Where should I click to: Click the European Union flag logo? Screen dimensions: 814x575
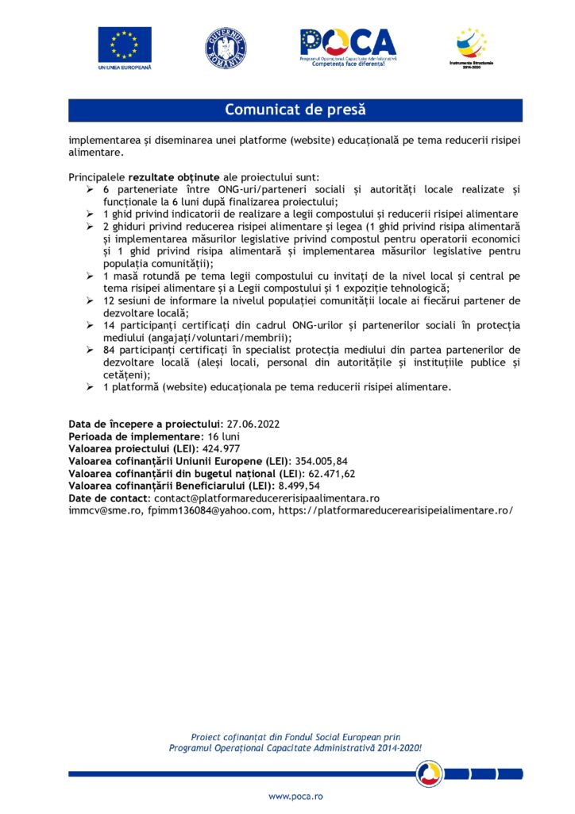(125, 45)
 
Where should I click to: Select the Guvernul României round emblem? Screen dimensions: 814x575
(226, 47)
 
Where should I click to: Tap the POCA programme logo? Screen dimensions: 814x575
(348, 45)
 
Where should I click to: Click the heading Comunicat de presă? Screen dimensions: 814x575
(295, 110)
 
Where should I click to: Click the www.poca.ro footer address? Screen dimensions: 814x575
(295, 796)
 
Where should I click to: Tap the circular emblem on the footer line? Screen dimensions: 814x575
(430, 772)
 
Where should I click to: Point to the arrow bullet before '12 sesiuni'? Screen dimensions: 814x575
(90, 300)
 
